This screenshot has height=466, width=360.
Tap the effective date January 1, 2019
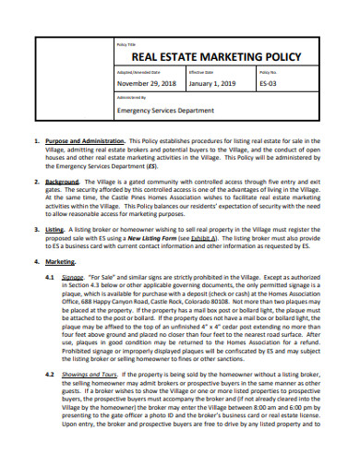pos(211,83)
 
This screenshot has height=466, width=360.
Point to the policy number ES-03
pos(268,83)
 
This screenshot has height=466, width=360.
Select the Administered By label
pos(130,97)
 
